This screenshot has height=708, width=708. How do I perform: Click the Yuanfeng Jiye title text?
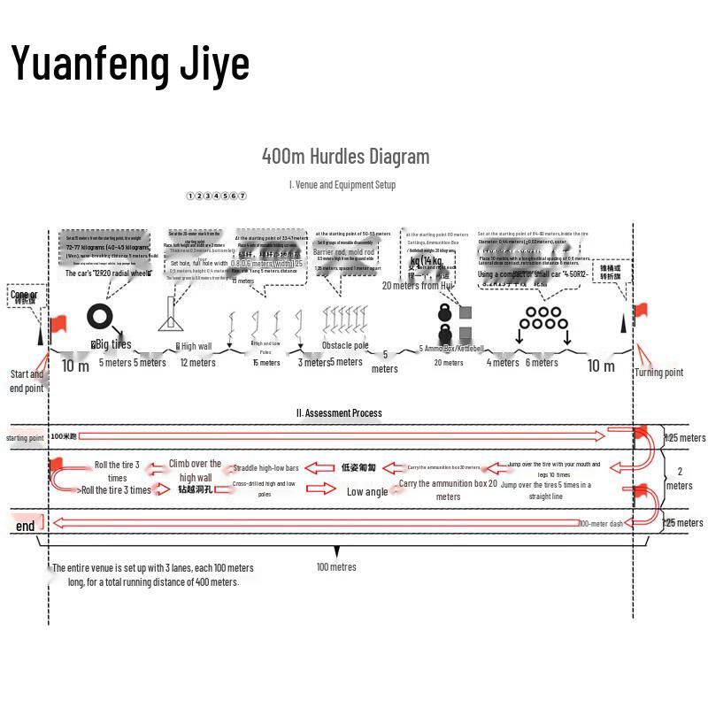130,64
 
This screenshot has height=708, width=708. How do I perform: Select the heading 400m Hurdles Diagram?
345,157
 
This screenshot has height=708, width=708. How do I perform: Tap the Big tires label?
112,344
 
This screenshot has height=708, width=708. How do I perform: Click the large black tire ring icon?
100,317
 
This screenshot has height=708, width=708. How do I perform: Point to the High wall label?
195,346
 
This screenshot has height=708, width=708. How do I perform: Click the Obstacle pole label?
344,345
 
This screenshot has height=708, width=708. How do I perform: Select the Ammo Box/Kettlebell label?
451,349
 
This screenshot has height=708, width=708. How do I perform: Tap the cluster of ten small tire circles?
542,318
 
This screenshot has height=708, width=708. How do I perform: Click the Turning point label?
658,373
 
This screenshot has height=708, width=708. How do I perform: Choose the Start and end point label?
27,381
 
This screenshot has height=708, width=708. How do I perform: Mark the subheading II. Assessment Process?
339,412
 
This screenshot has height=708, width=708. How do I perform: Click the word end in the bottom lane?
26,526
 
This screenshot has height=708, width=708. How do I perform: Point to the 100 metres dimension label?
336,566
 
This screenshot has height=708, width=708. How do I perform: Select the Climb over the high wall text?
196,470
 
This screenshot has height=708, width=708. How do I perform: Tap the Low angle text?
366,491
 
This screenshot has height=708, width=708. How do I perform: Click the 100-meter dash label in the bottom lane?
601,523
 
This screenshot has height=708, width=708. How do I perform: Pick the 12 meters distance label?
197,362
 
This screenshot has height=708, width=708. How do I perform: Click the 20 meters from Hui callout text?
417,286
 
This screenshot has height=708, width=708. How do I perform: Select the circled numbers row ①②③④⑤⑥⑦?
217,196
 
